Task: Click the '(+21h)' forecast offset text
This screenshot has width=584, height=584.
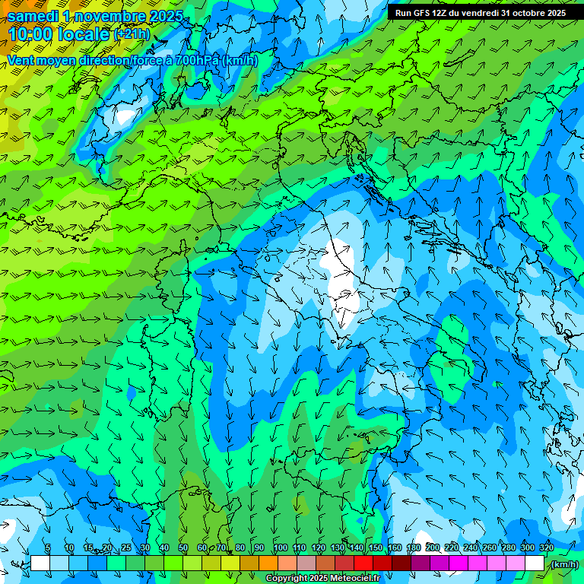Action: [x=132, y=34]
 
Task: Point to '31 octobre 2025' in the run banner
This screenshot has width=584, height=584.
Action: [x=533, y=13]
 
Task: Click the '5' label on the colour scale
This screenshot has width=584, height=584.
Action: [x=47, y=547]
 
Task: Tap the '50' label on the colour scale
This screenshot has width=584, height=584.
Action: [x=182, y=547]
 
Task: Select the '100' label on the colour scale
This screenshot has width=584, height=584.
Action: [x=280, y=547]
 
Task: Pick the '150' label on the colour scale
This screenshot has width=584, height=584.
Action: [x=375, y=547]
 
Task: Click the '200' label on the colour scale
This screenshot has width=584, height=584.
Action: [x=433, y=547]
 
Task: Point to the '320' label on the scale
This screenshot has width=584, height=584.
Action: [x=547, y=547]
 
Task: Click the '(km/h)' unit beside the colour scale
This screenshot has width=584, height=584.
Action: [x=564, y=564]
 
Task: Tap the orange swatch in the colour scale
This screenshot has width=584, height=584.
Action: [x=268, y=563]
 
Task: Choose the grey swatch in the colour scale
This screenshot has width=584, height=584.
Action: [x=306, y=563]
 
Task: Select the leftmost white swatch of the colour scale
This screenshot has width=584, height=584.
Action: [x=40, y=563]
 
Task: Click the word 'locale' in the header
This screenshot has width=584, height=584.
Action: [x=85, y=34]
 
